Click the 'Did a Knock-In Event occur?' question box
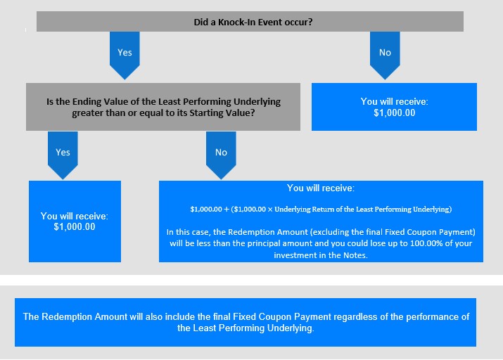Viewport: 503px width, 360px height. coord(250,22)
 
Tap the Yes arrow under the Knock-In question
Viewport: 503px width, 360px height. coord(125,55)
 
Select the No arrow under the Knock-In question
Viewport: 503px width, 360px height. coord(385,55)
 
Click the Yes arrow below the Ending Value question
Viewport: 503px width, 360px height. coord(63,155)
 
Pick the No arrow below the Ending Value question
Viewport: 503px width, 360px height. coord(221,155)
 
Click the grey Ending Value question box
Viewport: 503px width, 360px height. coord(163,107)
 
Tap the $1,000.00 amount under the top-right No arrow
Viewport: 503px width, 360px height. coord(394,112)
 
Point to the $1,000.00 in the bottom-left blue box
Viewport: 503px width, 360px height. coord(75,227)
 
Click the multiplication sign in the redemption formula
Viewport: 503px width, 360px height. coord(270,210)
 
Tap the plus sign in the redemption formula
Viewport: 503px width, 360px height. coord(227,210)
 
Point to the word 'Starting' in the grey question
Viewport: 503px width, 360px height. coord(205,112)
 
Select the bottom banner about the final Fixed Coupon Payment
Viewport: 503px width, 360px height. coord(246,322)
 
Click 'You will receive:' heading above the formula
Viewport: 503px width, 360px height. coord(321,188)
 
